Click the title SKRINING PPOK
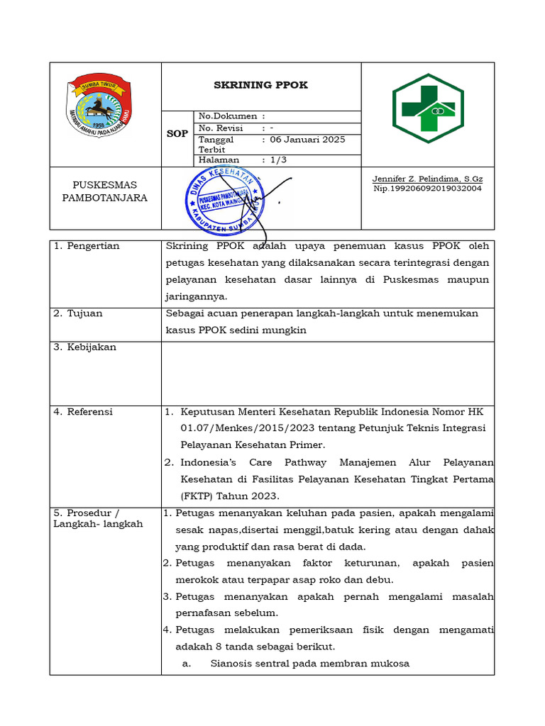pyautogui.click(x=261, y=85)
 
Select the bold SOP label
pyautogui.click(x=177, y=133)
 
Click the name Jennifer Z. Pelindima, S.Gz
pyautogui.click(x=427, y=179)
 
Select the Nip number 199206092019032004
pyautogui.click(x=427, y=189)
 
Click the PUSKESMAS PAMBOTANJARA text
pyautogui.click(x=104, y=191)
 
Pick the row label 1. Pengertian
pyautogui.click(x=87, y=246)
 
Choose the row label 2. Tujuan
pyautogui.click(x=78, y=313)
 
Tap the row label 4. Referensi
pyautogui.click(x=83, y=412)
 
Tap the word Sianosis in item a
pyautogui.click(x=231, y=664)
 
